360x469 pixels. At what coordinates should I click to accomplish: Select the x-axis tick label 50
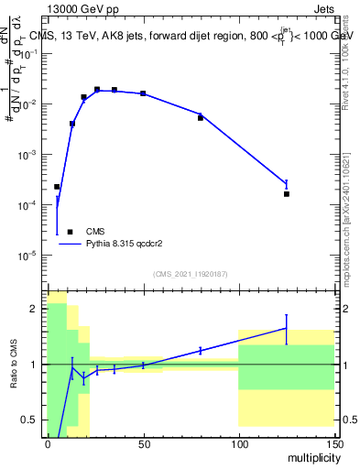tap(143, 442)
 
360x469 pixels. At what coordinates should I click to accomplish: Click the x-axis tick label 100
tap(238, 442)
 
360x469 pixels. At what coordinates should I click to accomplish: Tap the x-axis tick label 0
tap(48, 442)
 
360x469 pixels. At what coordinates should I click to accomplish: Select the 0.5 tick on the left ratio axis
tap(32, 420)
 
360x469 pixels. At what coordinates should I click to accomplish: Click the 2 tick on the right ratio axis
tap(345, 309)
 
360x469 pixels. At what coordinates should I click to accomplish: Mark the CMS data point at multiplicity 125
tap(287, 194)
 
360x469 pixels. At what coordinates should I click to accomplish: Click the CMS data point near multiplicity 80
tap(201, 118)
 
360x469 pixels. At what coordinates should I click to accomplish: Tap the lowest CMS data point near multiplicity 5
tap(57, 187)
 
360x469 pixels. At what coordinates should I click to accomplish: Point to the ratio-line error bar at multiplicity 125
tap(287, 328)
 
